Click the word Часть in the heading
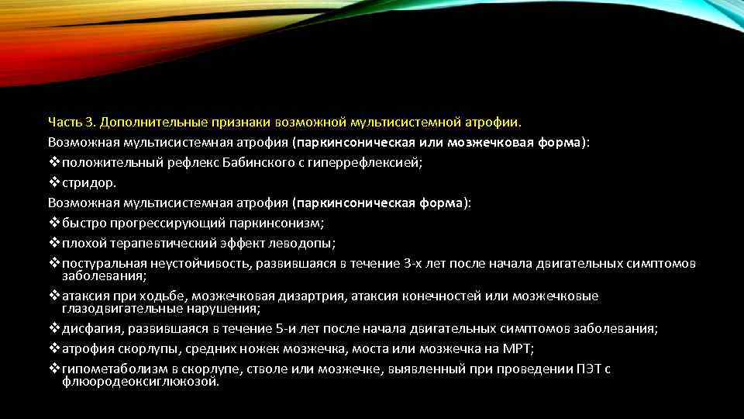pos(63,122)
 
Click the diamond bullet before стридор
pos(53,183)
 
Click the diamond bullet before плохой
pos(53,244)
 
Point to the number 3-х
pos(416,264)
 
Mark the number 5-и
pos(362,328)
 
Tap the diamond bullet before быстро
pos(53,223)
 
